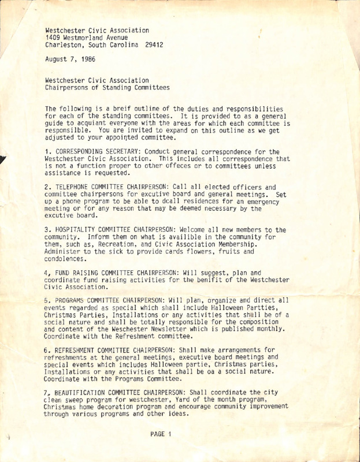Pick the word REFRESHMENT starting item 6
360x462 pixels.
point(76,365)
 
